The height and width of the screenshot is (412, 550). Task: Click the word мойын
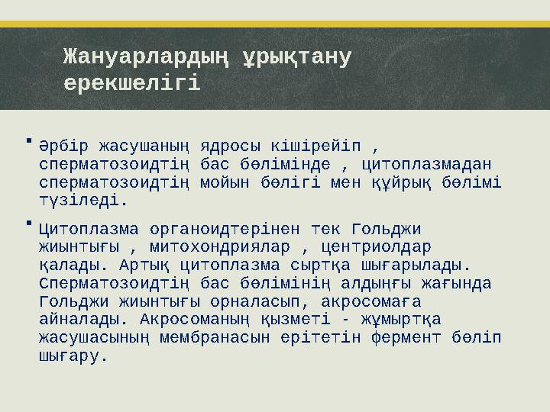tap(222, 182)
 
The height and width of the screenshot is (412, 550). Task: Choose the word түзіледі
tap(83, 201)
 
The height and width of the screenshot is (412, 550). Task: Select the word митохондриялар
tap(222, 247)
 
